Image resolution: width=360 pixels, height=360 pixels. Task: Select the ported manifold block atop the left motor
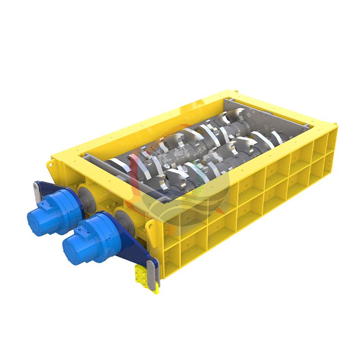tap(45, 205)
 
